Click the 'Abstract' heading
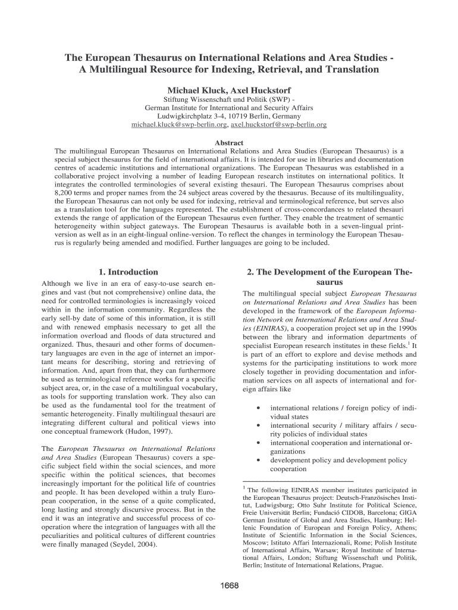click(x=229, y=143)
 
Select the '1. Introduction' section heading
click(x=128, y=272)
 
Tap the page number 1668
click(x=228, y=586)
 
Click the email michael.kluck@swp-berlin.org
click(x=180, y=125)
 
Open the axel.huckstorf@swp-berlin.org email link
click(x=278, y=125)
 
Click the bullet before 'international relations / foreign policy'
click(x=256, y=408)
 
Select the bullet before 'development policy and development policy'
click(x=256, y=460)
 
